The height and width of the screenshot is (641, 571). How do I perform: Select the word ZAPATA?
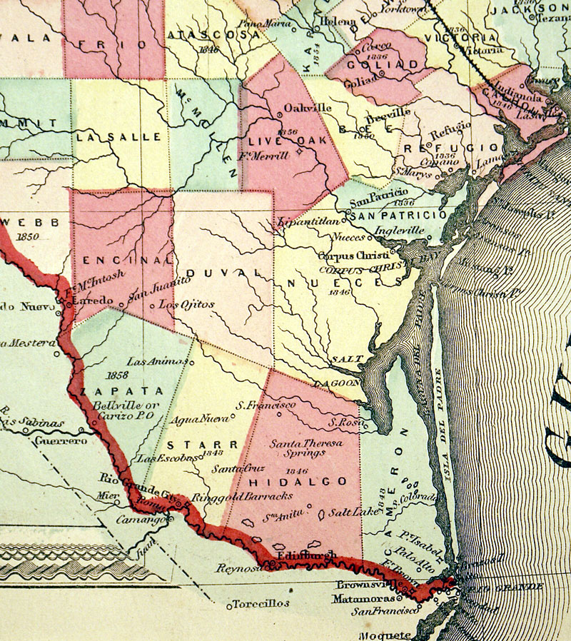122,391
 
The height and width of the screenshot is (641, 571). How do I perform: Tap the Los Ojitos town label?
186,304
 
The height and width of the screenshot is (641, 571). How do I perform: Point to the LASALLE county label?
109,136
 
